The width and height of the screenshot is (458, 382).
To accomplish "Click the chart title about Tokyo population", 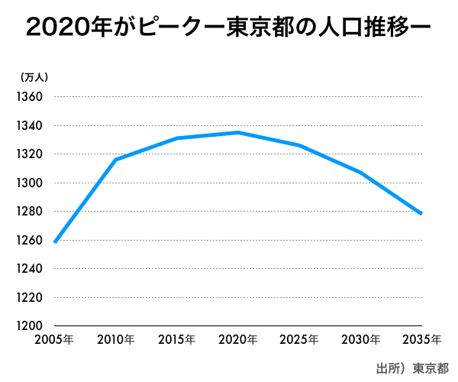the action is (228, 28).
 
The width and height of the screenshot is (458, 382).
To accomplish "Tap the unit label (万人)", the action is (34, 77).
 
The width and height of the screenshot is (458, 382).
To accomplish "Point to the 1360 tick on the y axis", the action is (30, 96).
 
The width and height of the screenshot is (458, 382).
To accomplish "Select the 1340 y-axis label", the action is (30, 125).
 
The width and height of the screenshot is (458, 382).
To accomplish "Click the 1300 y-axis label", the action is (30, 183).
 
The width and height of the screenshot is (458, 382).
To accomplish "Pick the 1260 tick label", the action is (30, 240).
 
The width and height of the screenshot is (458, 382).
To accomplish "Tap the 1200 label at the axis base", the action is (30, 325).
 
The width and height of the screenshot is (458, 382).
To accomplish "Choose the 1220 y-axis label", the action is (30, 297).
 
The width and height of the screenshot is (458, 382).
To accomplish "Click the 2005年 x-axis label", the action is (54, 340).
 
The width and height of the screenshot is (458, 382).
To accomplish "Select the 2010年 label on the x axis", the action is (116, 340).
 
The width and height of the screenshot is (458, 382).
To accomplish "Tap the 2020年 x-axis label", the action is (238, 340).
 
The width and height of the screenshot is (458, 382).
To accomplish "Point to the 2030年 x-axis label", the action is (361, 340).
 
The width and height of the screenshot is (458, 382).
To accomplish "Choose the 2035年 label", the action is (422, 340).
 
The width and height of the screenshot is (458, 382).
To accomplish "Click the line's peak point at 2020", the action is (238, 132).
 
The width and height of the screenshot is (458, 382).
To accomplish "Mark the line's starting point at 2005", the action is (55, 242).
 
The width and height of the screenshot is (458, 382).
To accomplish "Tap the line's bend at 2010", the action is (116, 160).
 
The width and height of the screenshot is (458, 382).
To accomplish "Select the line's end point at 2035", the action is (421, 213).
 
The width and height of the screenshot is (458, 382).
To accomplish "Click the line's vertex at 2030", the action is (361, 173).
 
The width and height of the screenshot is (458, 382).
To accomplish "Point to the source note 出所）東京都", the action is (412, 368).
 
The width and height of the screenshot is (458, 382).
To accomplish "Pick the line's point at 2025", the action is (299, 145).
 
